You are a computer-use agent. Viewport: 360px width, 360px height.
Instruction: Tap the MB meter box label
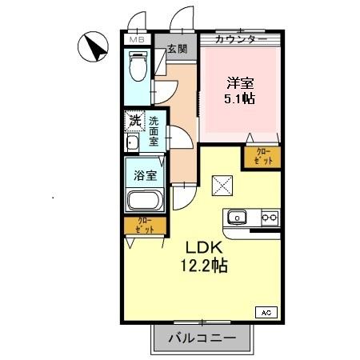tap(137, 38)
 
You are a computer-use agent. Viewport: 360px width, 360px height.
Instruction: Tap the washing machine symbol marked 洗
tap(134, 122)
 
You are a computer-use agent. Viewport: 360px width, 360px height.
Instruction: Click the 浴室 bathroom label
tap(144, 173)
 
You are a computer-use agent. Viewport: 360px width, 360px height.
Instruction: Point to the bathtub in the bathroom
tap(146, 201)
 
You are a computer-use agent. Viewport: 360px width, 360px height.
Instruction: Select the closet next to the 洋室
tap(262, 156)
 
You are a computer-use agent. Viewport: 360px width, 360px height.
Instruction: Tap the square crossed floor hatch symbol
tap(222, 186)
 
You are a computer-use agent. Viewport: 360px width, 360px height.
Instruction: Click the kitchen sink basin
tap(238, 217)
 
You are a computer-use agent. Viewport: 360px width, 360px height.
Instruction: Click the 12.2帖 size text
tap(206, 266)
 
